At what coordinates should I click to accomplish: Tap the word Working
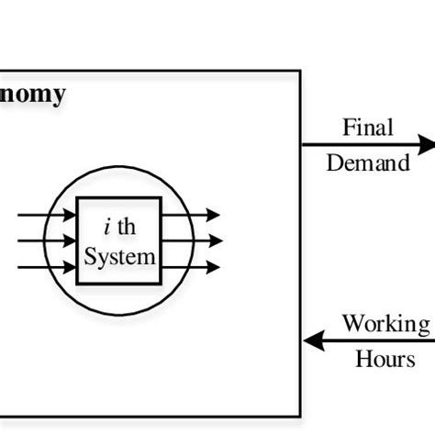coord(385,324)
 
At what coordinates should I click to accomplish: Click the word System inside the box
coord(120,257)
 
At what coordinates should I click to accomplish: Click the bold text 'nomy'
coord(33,95)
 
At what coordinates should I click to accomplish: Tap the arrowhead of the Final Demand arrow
coord(426,145)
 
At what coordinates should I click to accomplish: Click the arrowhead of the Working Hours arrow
coord(313,341)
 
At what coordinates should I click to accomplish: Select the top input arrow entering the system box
coord(46,215)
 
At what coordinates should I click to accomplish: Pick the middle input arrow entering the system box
coord(46,241)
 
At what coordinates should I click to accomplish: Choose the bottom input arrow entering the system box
coord(46,268)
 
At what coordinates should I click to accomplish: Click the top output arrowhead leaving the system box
coord(213,215)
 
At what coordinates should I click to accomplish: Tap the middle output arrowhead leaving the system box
coord(213,241)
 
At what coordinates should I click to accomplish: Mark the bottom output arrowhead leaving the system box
coord(213,268)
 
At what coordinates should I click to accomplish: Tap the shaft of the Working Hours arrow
coord(376,341)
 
